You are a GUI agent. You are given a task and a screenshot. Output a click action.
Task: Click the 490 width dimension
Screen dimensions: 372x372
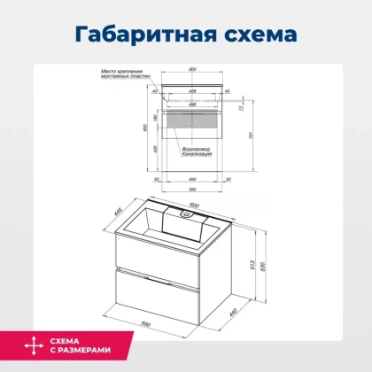192,178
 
